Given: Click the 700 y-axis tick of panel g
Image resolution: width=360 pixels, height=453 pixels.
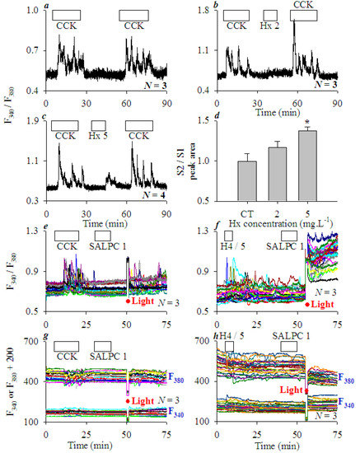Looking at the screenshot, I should (34, 340).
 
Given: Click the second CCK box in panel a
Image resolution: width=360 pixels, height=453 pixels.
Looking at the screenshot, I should (135, 16).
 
